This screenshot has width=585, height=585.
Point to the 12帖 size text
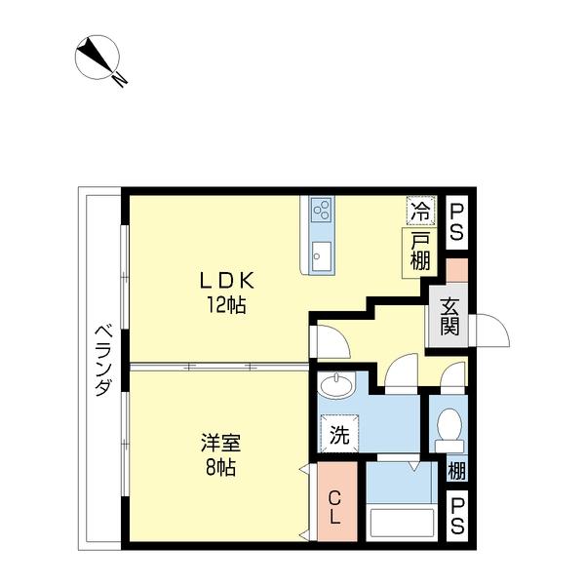coord(225,305)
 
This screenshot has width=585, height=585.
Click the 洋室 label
coord(217,442)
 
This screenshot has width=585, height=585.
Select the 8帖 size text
coord(218,465)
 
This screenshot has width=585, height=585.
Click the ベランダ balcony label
coord(101,360)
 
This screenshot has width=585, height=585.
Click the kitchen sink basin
coord(321,258)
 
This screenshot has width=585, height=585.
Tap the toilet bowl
coord(449,425)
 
